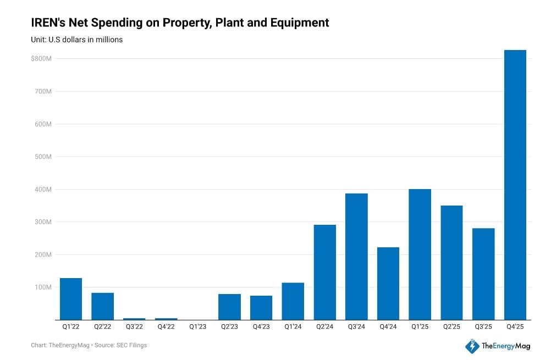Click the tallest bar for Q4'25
(x=515, y=185)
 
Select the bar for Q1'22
(x=71, y=299)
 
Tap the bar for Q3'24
(x=356, y=256)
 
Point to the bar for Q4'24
(x=388, y=283)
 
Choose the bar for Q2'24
(x=324, y=272)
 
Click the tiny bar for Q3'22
(x=134, y=319)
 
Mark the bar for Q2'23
(x=229, y=307)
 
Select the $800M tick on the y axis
(x=41, y=58)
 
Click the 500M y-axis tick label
(x=43, y=157)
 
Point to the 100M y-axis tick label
(x=43, y=287)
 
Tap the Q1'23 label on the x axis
(x=197, y=327)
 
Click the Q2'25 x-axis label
(x=451, y=327)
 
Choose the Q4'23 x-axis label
(x=261, y=327)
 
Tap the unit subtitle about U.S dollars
(x=76, y=40)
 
